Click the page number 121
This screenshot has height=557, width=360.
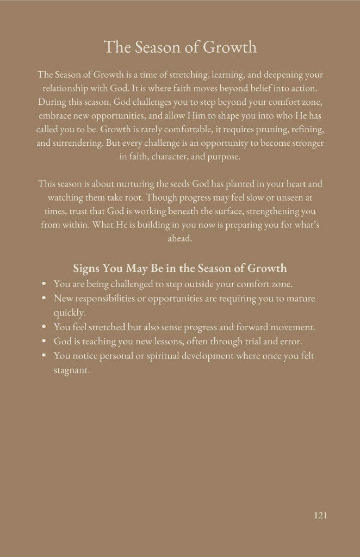[320, 515]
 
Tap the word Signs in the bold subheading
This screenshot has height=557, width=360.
[87, 268]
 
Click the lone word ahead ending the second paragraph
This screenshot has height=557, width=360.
[180, 238]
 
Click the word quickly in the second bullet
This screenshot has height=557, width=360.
[69, 313]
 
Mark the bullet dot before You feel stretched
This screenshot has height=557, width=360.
[44, 327]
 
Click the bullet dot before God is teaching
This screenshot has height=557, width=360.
[44, 342]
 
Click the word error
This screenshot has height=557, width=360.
[291, 342]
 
